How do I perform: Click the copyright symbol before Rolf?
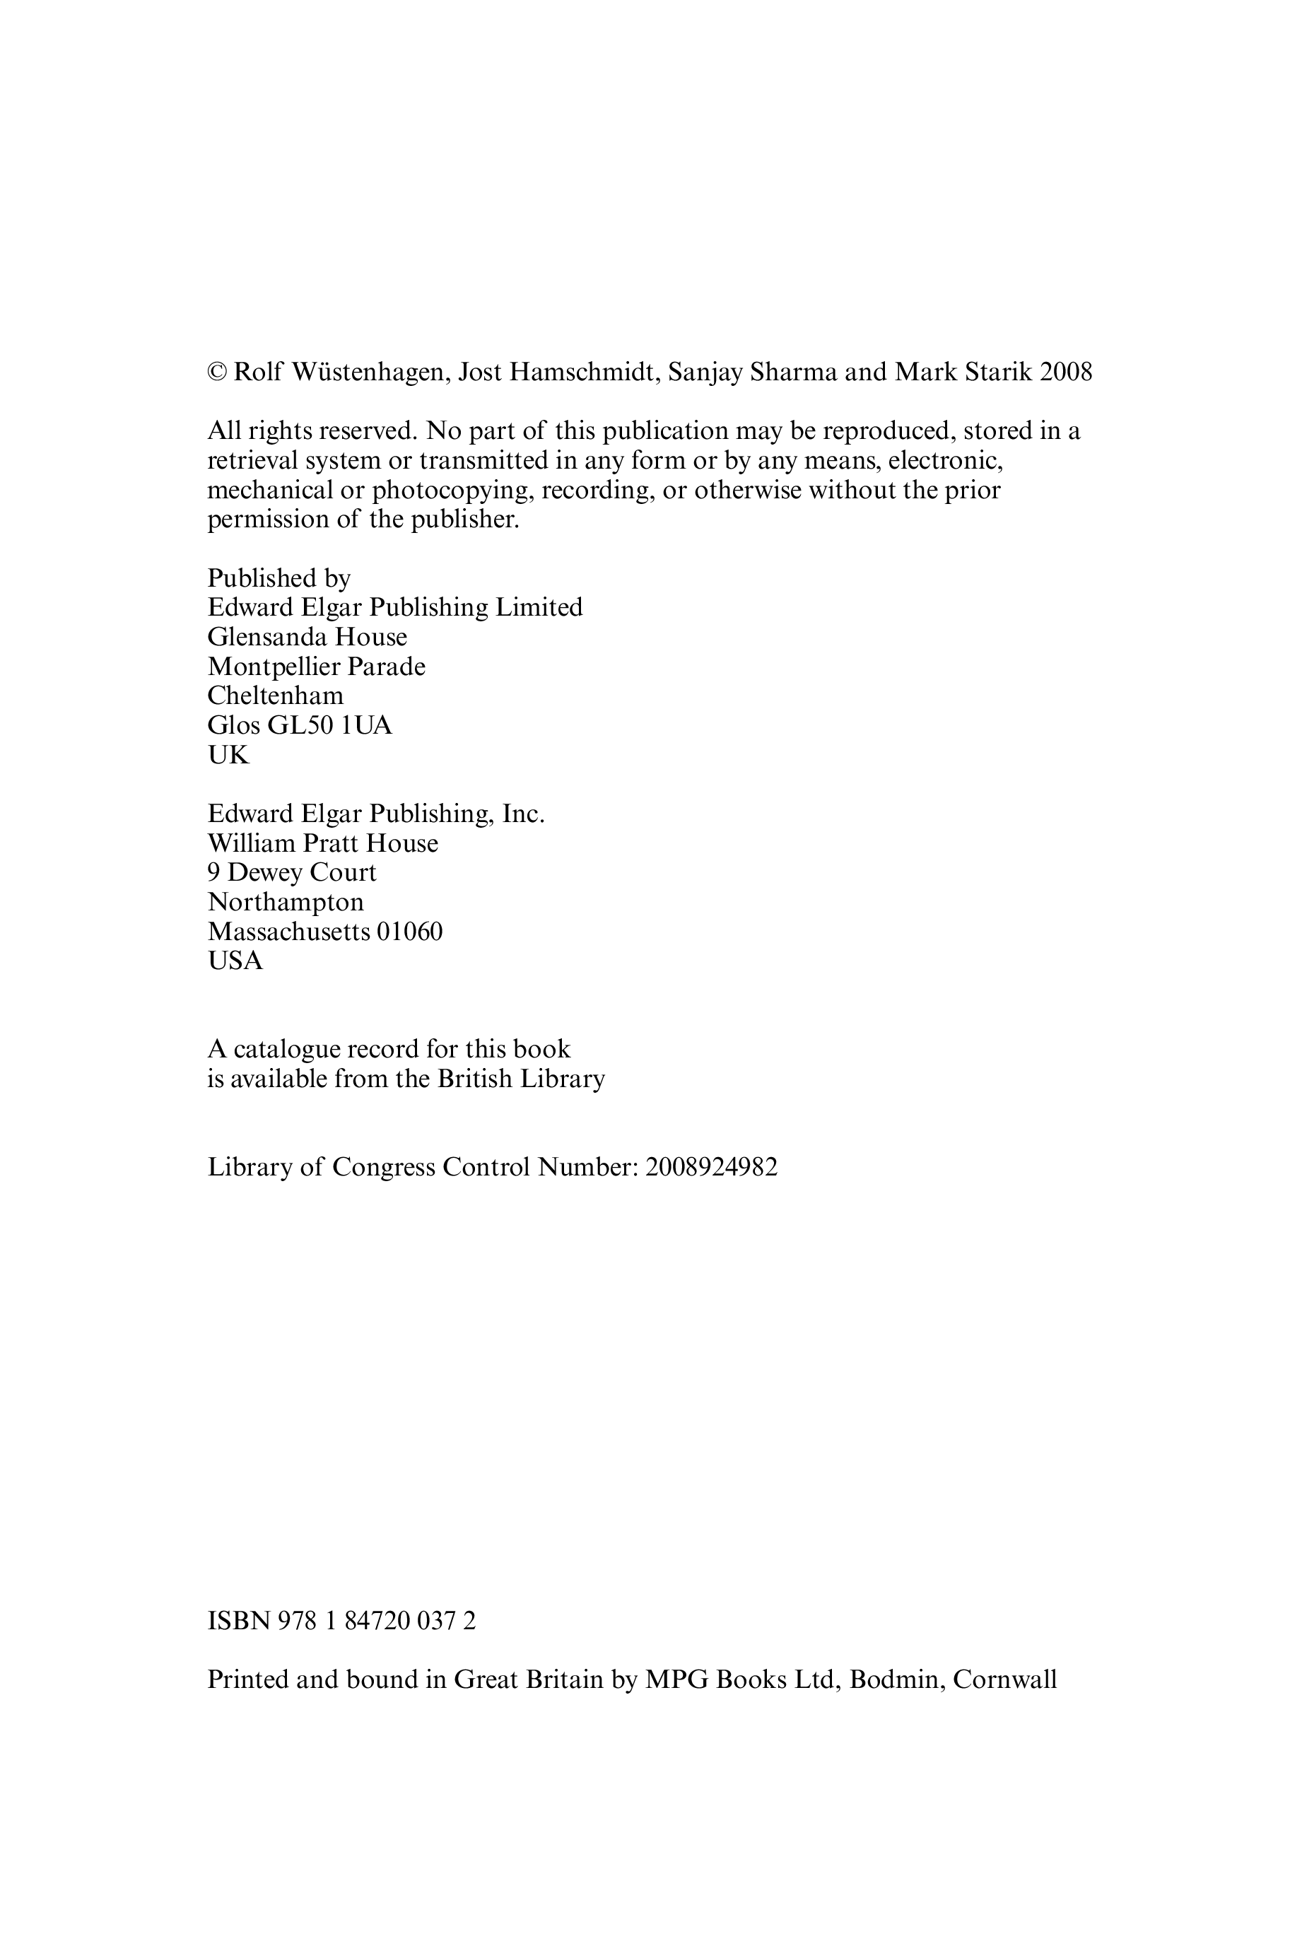[x=217, y=372]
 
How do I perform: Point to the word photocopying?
[x=452, y=490]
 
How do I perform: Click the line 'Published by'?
[x=279, y=578]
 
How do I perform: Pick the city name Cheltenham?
[x=275, y=696]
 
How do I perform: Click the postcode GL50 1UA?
[x=329, y=726]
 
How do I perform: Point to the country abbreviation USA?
[x=235, y=961]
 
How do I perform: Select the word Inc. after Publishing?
[x=523, y=814]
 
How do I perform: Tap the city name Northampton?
[x=286, y=902]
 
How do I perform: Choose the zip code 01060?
[x=409, y=932]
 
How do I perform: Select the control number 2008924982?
[x=711, y=1168]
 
